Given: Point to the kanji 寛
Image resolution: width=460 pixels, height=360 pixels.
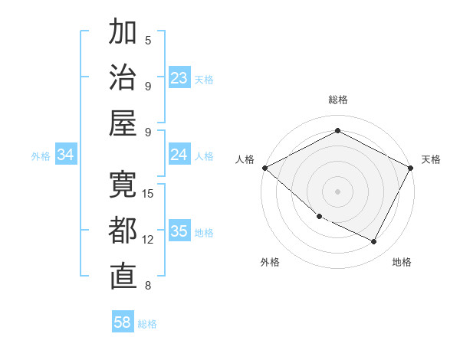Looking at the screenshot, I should click(x=123, y=185).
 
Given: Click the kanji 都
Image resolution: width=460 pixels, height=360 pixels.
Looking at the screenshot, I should click(x=123, y=231).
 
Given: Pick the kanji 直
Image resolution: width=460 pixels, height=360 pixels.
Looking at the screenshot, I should click(x=123, y=277).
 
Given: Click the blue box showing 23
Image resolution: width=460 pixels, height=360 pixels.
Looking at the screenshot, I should click(x=179, y=78).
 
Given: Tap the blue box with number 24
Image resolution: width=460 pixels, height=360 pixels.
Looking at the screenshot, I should click(x=179, y=155).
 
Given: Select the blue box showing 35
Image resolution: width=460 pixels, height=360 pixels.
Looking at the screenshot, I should click(x=179, y=232).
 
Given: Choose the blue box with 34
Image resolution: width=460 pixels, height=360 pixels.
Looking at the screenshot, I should click(x=66, y=155).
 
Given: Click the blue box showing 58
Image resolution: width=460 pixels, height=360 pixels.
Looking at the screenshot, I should click(x=123, y=322).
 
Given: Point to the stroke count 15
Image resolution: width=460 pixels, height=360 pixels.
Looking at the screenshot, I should click(x=149, y=193).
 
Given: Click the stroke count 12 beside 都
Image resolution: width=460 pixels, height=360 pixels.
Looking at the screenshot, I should click(x=149, y=240).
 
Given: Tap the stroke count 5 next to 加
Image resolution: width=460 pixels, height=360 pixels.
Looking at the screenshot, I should click(x=148, y=40).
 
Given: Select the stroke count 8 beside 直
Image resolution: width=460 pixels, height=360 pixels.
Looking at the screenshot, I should click(x=148, y=286).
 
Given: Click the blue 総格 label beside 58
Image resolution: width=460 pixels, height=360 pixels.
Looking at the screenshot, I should click(x=147, y=324).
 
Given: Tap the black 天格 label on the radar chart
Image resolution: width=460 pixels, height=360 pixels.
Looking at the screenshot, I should click(x=432, y=159).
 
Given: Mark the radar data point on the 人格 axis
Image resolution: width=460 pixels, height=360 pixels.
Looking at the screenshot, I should click(x=264, y=168).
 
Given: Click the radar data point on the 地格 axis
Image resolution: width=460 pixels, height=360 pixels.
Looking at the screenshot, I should click(x=374, y=242).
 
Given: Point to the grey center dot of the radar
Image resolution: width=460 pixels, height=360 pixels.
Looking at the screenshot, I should click(x=337, y=191).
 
